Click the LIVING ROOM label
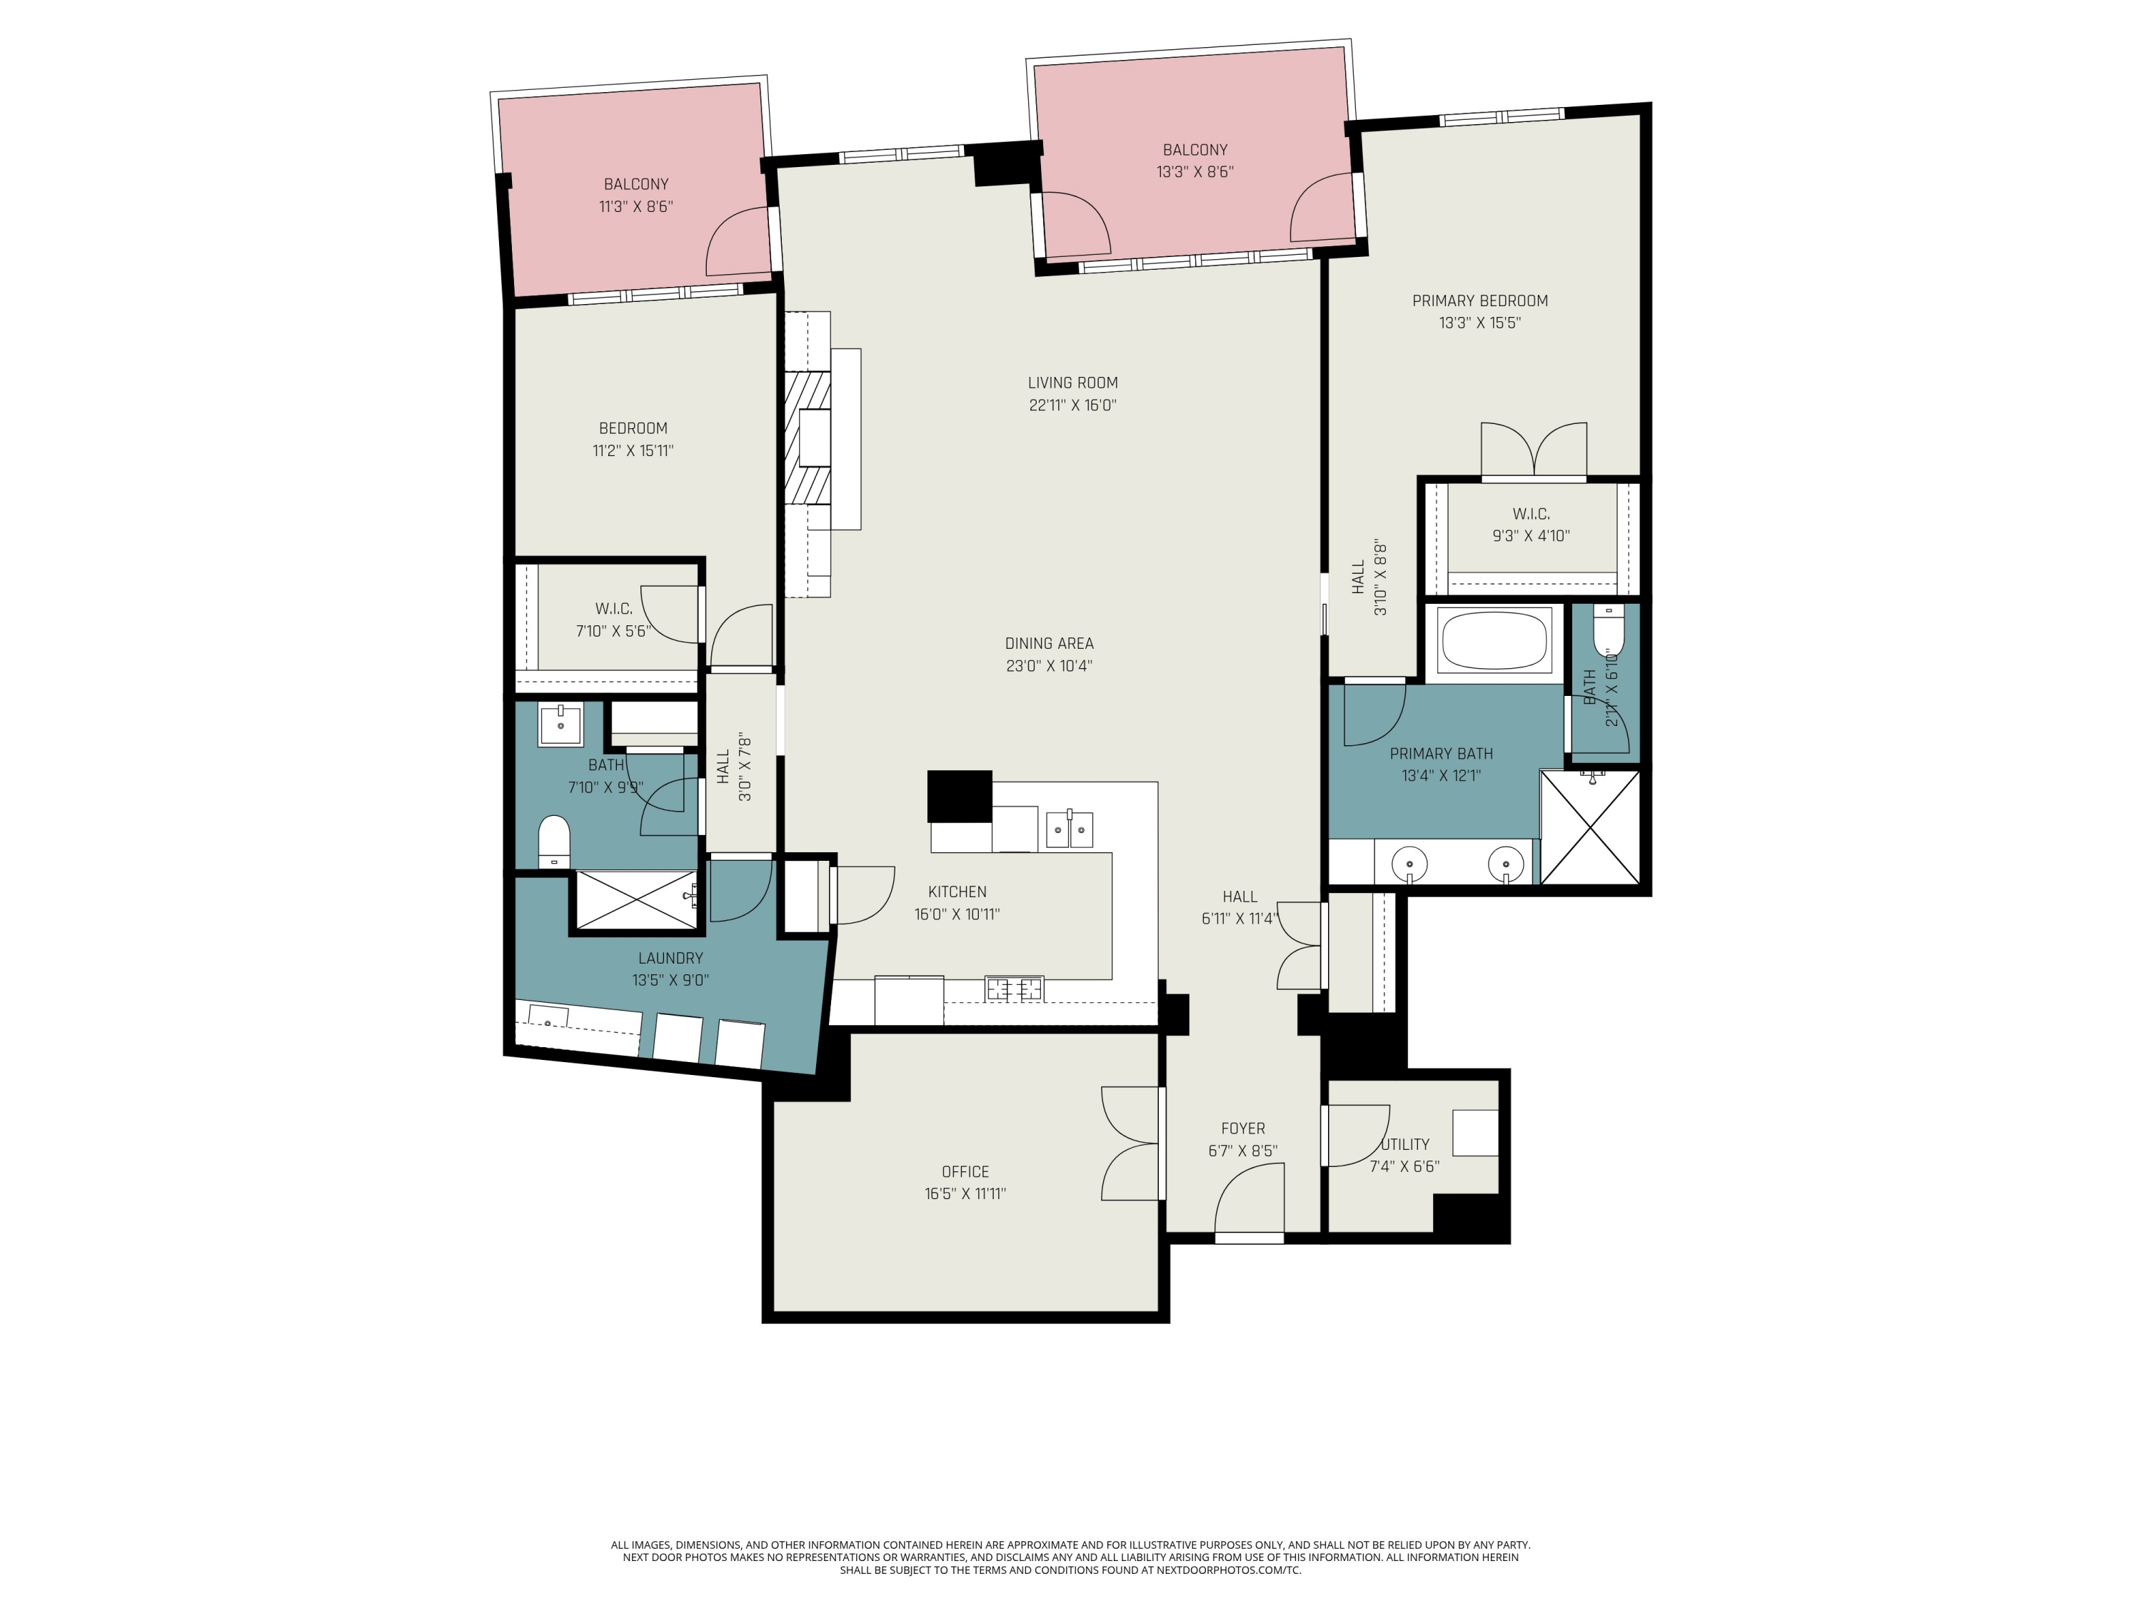click(x=1072, y=383)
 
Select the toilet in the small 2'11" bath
click(x=1606, y=630)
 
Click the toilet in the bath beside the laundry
click(x=554, y=840)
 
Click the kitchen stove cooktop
click(x=1014, y=989)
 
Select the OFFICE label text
click(x=965, y=1171)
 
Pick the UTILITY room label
click(x=1405, y=1144)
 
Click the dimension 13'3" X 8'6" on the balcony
click(x=1194, y=172)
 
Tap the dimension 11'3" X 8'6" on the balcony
click(x=635, y=206)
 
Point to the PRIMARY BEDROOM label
click(x=1479, y=301)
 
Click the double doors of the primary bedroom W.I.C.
click(x=1533, y=450)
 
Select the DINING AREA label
click(x=1049, y=643)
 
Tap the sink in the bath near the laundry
click(x=560, y=724)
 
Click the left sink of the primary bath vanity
click(x=1410, y=864)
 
